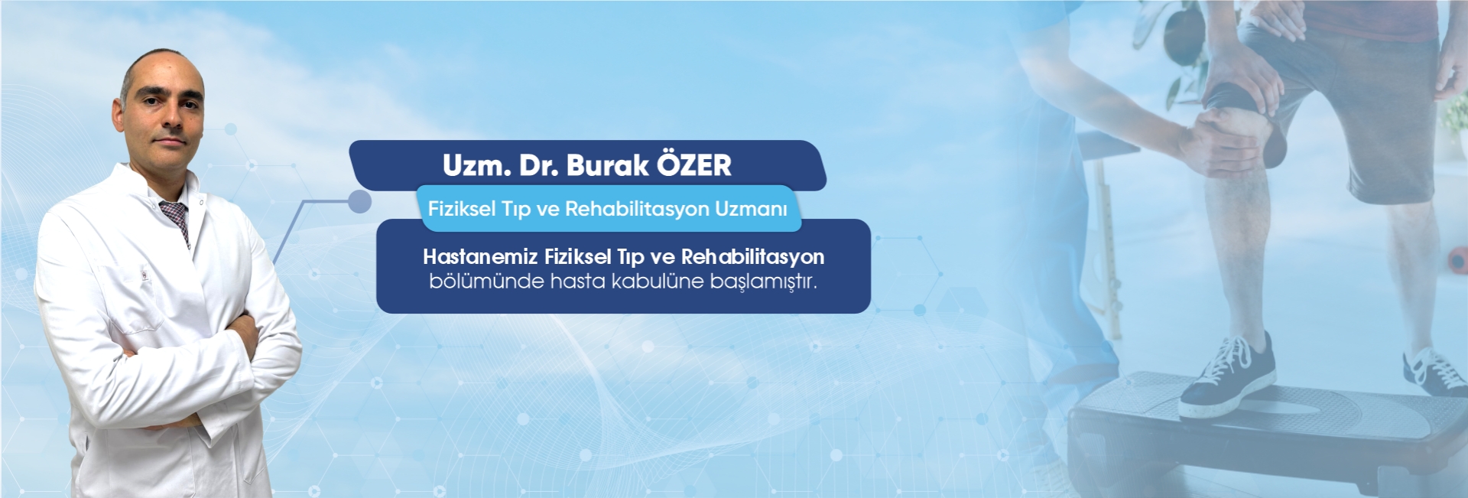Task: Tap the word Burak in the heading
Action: (x=607, y=165)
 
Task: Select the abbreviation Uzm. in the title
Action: (x=476, y=165)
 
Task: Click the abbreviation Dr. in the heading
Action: (x=539, y=165)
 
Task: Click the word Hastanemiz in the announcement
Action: (x=480, y=257)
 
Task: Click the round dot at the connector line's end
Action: (x=359, y=202)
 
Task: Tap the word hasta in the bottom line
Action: (x=577, y=282)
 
